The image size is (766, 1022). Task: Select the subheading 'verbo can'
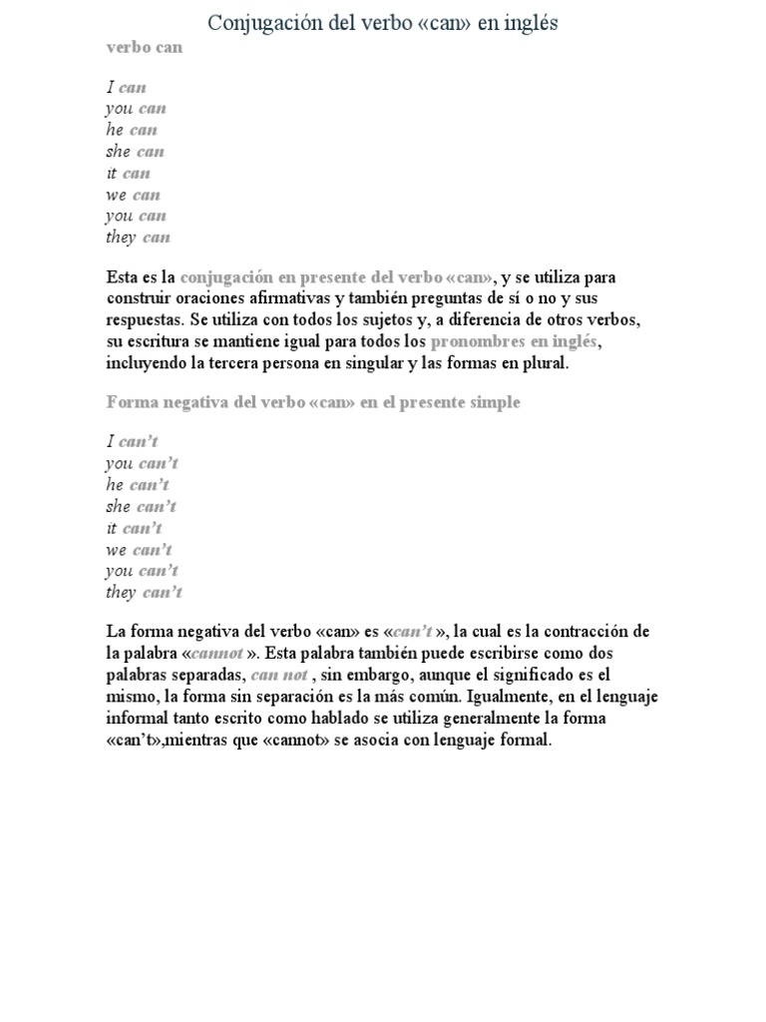[x=145, y=47]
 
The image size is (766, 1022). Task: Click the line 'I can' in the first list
[x=126, y=88]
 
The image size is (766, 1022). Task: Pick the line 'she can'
[x=135, y=152]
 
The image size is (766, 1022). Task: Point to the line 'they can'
[x=138, y=238]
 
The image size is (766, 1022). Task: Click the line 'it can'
[x=128, y=174]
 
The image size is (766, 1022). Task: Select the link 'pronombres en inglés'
[x=514, y=341]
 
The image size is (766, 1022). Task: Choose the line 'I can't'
[x=132, y=441]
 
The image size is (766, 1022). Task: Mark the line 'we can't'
[x=139, y=549]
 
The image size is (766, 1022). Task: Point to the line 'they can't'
[x=144, y=593]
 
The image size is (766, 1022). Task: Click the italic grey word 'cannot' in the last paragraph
[x=215, y=653]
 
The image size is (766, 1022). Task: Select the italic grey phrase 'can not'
[x=278, y=675]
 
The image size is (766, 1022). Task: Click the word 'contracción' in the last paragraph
[x=592, y=631]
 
